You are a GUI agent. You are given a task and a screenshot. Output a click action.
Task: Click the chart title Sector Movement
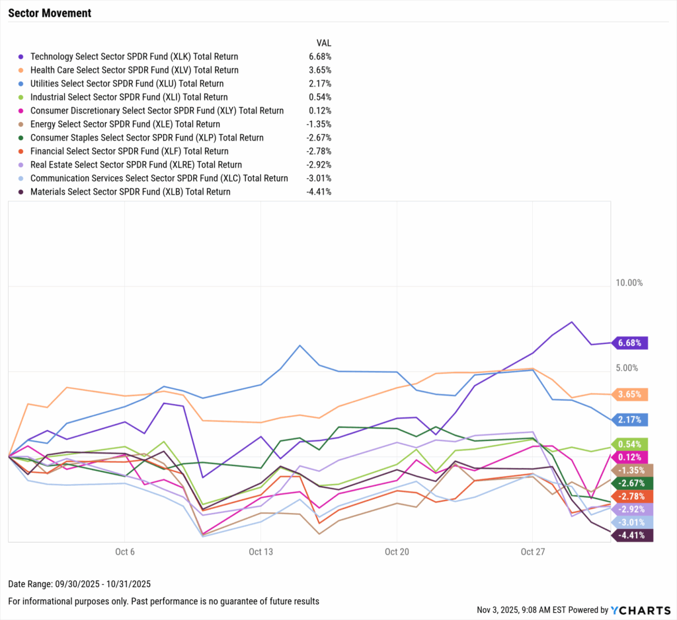[50, 13]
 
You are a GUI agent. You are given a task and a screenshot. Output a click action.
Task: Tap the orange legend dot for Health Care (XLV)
[20, 70]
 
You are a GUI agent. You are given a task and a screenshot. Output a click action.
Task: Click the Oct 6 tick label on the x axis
[125, 552]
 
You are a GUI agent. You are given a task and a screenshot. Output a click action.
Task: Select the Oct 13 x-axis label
[260, 552]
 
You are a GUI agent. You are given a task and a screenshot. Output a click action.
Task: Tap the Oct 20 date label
[396, 552]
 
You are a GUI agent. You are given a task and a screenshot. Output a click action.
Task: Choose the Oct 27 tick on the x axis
[532, 552]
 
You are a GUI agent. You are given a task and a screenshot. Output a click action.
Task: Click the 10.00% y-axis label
[629, 283]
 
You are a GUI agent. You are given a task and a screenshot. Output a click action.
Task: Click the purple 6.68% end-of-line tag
[631, 343]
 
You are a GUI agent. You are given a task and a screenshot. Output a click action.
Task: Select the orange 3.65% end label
[631, 394]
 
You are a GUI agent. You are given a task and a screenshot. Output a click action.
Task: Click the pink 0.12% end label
[631, 457]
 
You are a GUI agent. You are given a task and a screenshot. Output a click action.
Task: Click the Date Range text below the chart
[80, 584]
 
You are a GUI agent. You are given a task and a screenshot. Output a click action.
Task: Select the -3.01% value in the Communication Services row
[318, 178]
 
